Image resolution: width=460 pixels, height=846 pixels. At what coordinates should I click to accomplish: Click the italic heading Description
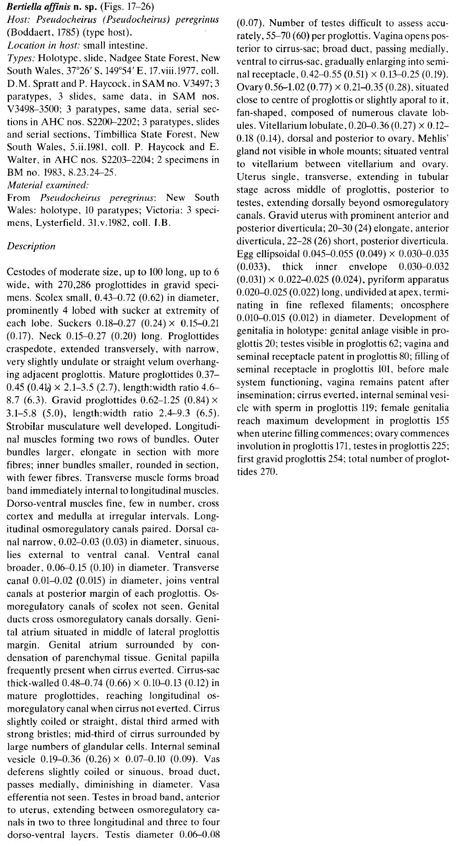coord(31,246)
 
